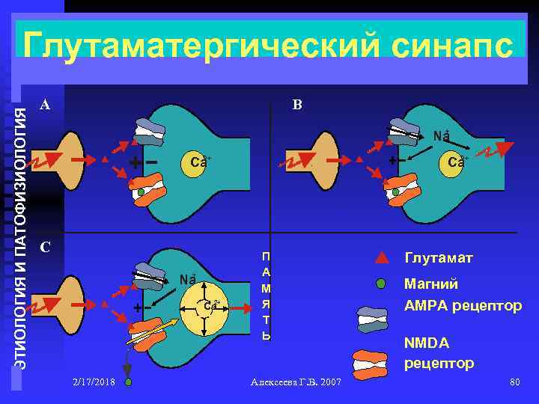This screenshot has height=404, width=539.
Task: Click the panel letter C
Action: click(44, 247)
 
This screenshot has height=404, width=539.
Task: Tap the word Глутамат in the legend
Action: click(439, 258)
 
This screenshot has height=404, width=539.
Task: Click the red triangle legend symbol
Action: click(381, 259)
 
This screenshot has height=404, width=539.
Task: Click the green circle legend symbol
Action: click(381, 284)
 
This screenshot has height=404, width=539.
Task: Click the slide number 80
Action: click(514, 382)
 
